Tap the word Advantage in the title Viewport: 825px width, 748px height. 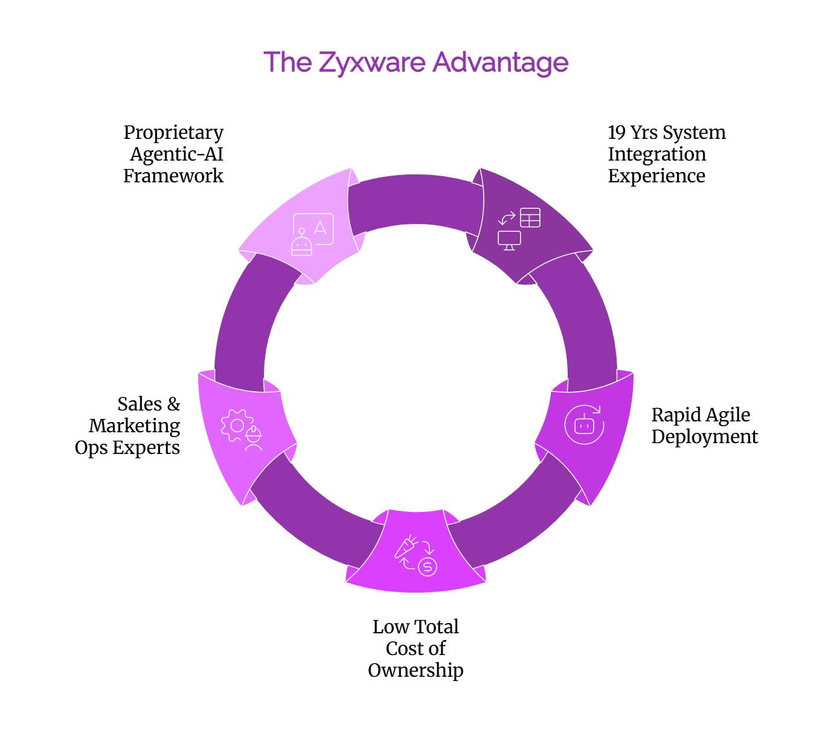coord(501,63)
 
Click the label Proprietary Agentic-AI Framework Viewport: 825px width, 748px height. coord(173,154)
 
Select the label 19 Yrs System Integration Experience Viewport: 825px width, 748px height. coord(666,154)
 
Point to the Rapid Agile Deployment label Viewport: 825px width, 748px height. coord(704,426)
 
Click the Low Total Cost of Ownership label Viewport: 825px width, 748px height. coord(416,648)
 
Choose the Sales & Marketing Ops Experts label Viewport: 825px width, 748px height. coord(128,426)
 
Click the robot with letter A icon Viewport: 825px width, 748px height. coord(312,234)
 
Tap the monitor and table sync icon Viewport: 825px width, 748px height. coord(519,229)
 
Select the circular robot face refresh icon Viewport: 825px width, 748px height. coord(584,425)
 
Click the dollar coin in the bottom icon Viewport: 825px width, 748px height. coord(428,567)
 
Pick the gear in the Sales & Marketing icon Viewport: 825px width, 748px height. coord(236,425)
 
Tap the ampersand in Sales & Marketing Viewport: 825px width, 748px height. coord(173,404)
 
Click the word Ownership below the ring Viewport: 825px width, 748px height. coord(416,670)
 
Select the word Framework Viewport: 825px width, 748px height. coord(173,176)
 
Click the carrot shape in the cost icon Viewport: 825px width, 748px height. coord(405,546)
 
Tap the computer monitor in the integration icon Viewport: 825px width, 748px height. coord(509,240)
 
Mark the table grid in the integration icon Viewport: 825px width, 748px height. coord(530,218)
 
